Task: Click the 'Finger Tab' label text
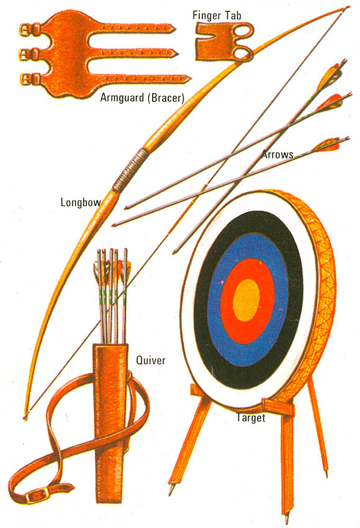[217, 16]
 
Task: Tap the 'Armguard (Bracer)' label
[142, 98]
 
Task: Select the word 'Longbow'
[81, 202]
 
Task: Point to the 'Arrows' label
[277, 155]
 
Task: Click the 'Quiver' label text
[151, 360]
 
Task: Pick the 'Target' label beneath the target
[251, 417]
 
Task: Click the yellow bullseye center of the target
[246, 299]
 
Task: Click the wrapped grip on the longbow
[130, 170]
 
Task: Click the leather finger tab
[223, 41]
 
